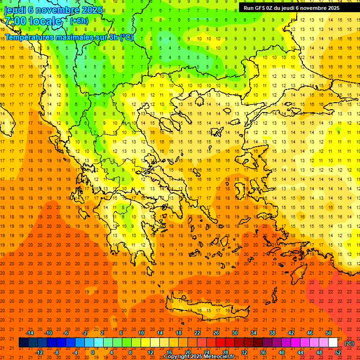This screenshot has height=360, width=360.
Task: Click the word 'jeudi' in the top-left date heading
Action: pyautogui.click(x=15, y=9)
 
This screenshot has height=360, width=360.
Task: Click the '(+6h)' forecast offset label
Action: pyautogui.click(x=78, y=21)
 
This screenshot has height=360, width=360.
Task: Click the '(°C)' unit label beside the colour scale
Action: pyautogui.click(x=349, y=343)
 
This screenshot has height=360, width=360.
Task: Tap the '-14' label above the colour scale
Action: pyautogui.click(x=30, y=333)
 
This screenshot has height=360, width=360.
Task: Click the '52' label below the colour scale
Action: pyautogui.click(x=338, y=352)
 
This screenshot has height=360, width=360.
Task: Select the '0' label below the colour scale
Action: pyautogui.click(x=92, y=352)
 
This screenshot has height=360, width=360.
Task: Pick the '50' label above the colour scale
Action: pyautogui.click(x=328, y=333)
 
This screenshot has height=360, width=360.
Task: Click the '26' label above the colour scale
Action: pyautogui.click(x=216, y=333)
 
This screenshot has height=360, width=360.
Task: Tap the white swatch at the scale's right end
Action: pyautogui.click(x=333, y=343)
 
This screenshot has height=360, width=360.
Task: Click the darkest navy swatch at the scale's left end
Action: pyautogui.click(x=23, y=343)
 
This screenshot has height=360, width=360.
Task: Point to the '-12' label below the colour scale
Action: pyautogui.click(x=39, y=352)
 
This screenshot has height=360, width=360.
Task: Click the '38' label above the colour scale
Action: pyautogui.click(x=272, y=333)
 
